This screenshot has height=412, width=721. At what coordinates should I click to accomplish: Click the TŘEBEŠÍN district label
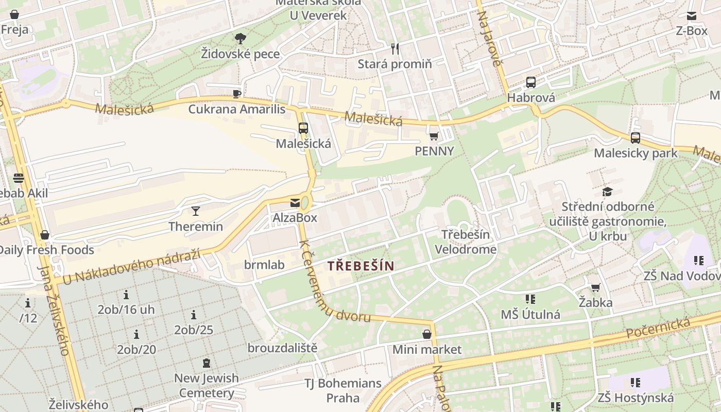360,266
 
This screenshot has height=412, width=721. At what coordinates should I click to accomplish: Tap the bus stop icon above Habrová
531,82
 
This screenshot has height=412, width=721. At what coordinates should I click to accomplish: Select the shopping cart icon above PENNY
434,136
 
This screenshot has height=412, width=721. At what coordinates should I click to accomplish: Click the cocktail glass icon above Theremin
196,211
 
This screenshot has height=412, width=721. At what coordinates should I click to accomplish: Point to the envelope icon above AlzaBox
295,203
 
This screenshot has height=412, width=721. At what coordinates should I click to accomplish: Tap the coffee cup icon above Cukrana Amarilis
236,94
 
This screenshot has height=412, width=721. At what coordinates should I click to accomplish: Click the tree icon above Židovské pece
240,38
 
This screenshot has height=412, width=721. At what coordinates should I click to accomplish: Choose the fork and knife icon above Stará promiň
395,49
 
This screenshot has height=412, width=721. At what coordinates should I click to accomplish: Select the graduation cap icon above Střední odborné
608,192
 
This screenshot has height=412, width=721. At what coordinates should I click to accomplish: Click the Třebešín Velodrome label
466,242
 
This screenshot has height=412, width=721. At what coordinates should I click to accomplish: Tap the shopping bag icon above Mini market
427,334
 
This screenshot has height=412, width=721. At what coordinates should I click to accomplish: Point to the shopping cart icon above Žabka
595,287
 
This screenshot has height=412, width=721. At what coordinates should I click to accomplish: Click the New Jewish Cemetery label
207,385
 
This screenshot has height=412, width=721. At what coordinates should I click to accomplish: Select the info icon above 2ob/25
194,315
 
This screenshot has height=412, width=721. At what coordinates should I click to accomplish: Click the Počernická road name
658,328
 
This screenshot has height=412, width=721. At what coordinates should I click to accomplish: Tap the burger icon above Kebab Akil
19,178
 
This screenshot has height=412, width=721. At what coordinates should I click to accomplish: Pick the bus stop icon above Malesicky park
636,138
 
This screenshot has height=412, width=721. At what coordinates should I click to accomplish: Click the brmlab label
264,265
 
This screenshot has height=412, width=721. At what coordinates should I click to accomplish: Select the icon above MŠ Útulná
530,299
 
